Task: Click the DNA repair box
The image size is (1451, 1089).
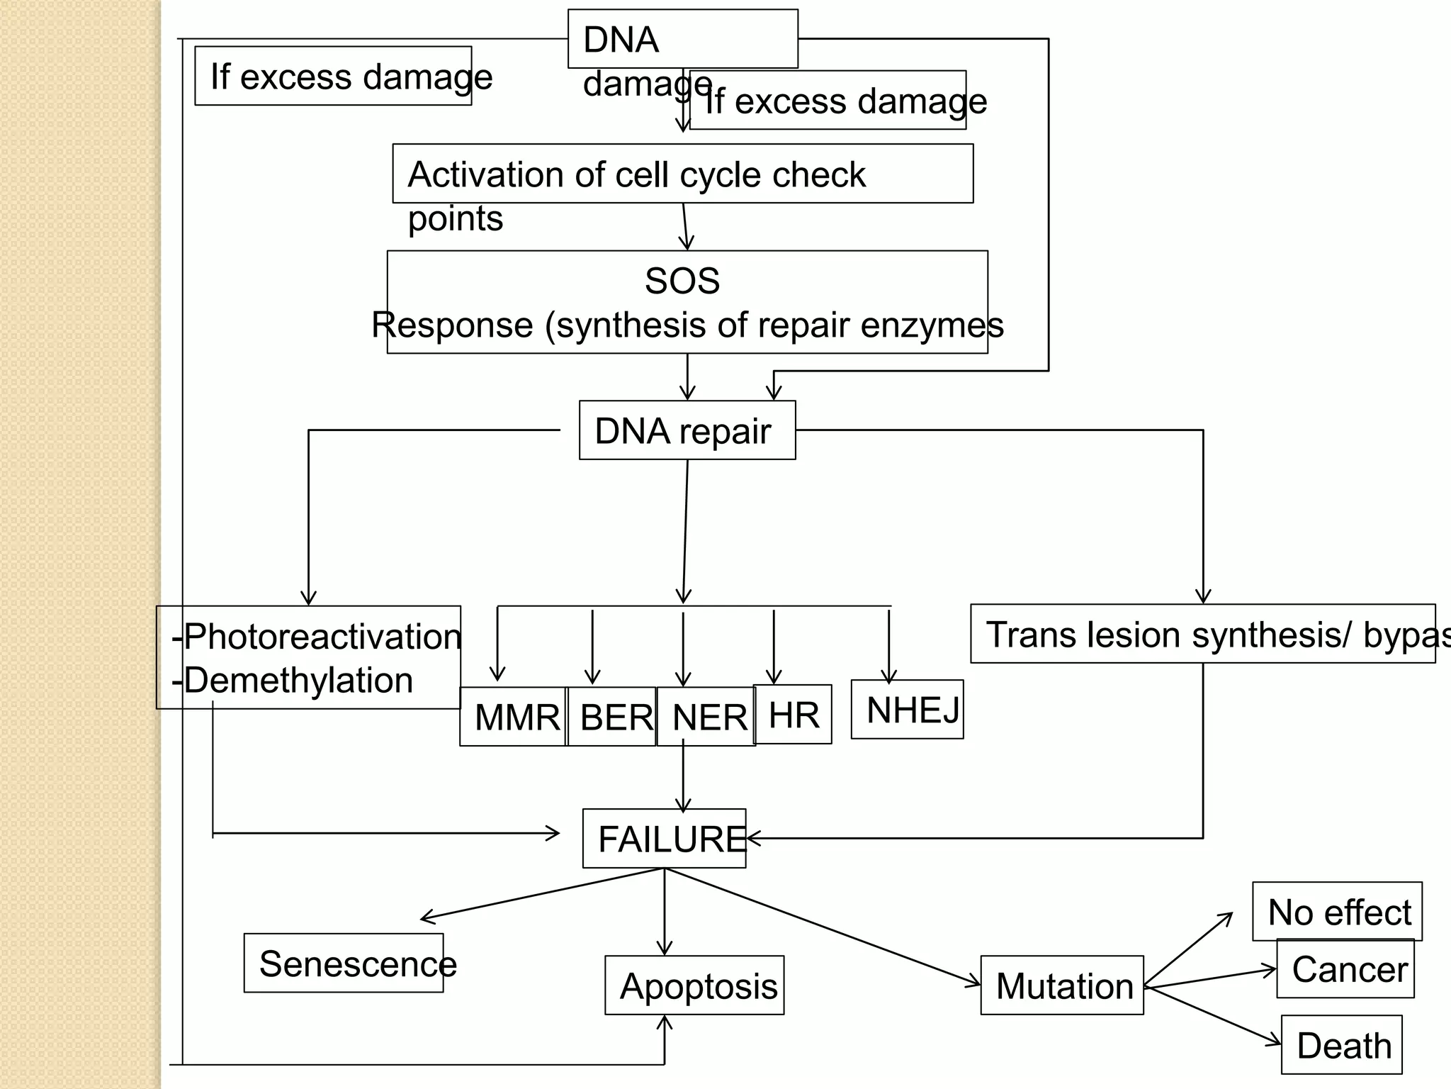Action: coord(687,430)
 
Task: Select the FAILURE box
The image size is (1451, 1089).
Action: coord(664,838)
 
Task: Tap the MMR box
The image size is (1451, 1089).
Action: coord(513,716)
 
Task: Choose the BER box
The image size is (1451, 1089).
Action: coord(612,716)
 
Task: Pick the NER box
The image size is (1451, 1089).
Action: coord(706,716)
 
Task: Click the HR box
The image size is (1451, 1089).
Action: coord(792,714)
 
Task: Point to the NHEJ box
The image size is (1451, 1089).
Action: coord(907,709)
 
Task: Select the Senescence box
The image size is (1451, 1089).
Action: coord(344,963)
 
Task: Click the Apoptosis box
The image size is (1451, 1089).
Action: coord(694,985)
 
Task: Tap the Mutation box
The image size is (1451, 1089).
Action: coord(1062,985)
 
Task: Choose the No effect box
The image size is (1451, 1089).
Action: coord(1337,911)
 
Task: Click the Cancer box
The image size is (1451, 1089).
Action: coord(1345,968)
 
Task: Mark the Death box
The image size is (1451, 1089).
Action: coord(1341,1044)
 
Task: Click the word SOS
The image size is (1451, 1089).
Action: coord(682,281)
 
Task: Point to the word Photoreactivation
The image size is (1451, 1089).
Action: coord(322,636)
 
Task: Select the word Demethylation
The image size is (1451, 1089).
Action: coord(298,680)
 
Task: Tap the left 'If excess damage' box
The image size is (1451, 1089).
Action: coord(333,76)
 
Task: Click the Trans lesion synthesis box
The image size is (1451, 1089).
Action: coord(1202,633)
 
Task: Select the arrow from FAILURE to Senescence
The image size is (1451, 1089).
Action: coord(542,894)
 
